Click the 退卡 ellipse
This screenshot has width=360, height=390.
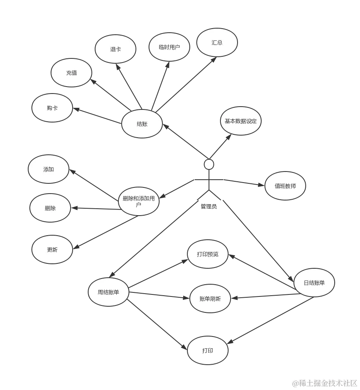tap(116, 49)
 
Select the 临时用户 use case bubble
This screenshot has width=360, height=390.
tap(169, 47)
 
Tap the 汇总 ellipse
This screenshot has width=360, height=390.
tap(217, 42)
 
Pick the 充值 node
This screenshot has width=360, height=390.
tap(71, 73)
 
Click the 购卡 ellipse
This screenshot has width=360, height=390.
tap(52, 108)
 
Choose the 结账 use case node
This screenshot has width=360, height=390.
tap(142, 124)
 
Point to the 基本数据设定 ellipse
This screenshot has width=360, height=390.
tap(240, 121)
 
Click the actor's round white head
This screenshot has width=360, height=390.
tap(209, 164)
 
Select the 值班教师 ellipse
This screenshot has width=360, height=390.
tap(285, 186)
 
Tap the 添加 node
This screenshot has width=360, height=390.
tap(49, 169)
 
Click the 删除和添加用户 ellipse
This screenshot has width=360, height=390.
tap(138, 201)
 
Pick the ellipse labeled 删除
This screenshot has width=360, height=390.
tap(50, 208)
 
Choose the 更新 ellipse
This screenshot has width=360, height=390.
tap(52, 250)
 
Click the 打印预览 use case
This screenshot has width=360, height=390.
tap(207, 254)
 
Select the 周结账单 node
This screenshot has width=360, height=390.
tap(109, 292)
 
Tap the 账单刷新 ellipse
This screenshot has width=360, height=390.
tap(210, 299)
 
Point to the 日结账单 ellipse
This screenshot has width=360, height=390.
tap(314, 283)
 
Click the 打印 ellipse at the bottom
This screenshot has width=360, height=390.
tap(207, 350)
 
